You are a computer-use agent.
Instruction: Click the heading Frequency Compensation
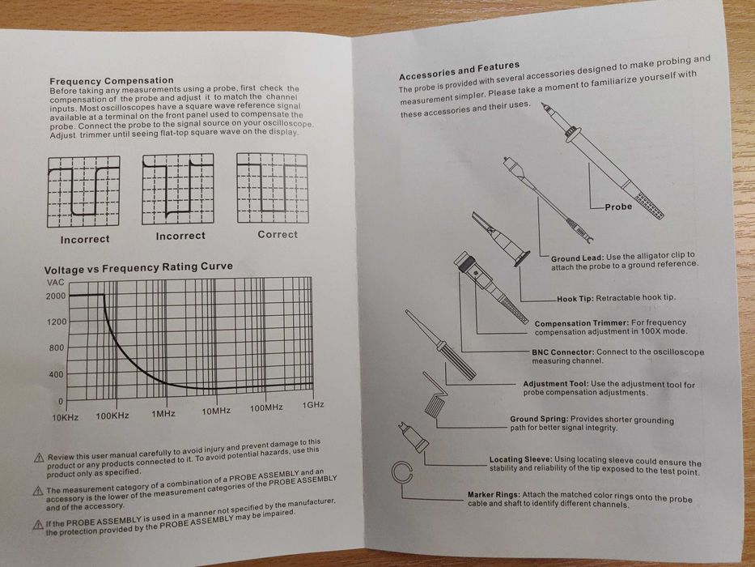click(x=112, y=81)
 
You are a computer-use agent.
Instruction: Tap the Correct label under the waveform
click(x=278, y=235)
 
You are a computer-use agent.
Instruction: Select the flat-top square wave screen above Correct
click(x=273, y=190)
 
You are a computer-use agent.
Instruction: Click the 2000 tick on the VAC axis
click(x=54, y=296)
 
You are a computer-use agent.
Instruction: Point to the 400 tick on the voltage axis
click(x=57, y=374)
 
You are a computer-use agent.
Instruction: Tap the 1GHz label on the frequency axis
click(x=312, y=405)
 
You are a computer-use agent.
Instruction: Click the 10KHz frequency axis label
click(x=66, y=417)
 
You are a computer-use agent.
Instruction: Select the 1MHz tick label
click(x=163, y=414)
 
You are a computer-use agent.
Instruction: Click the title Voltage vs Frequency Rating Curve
click(x=138, y=266)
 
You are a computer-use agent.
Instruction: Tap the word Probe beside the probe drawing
click(x=619, y=207)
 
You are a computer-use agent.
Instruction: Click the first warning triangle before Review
click(x=39, y=458)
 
